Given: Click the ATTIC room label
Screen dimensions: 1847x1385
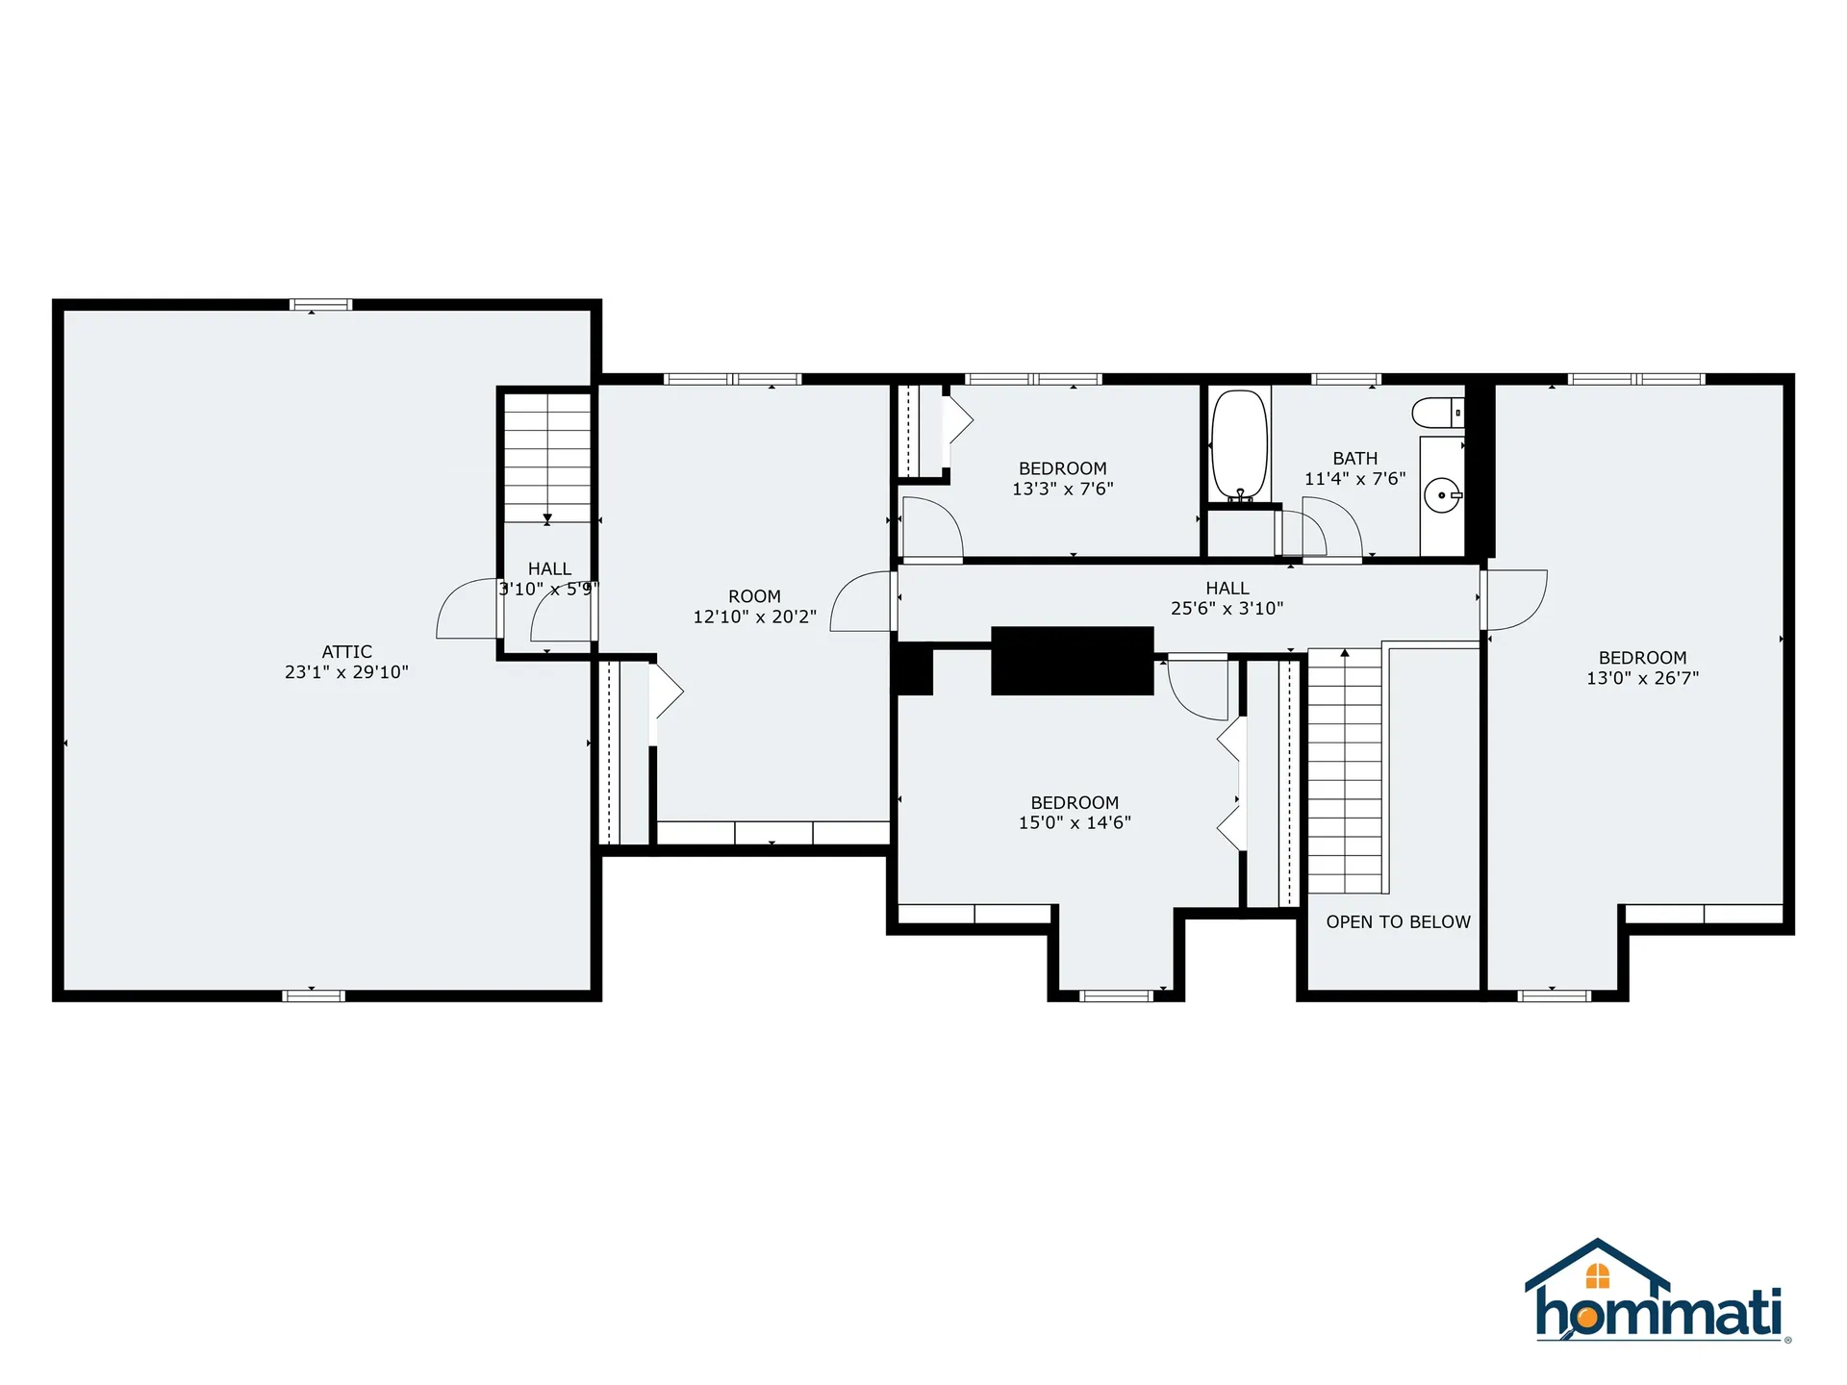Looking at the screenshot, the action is coord(346,651).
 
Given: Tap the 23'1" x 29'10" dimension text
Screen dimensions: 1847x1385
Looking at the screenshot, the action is coord(346,672).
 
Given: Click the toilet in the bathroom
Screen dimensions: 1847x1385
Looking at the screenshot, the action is coord(1438,414).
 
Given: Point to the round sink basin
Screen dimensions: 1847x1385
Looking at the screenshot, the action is coord(1441,495).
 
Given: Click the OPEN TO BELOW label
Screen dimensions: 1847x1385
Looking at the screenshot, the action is coord(1398,921).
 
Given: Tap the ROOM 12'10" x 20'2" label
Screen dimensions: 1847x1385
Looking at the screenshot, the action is coord(754,606).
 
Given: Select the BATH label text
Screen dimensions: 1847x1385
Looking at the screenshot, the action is coord(1354,459).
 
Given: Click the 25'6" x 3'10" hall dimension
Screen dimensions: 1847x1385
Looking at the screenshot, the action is coord(1227,608).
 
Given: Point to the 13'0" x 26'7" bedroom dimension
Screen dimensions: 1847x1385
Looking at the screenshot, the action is coord(1642,678).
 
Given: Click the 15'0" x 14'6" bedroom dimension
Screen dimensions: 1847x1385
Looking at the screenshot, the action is coord(1075,822).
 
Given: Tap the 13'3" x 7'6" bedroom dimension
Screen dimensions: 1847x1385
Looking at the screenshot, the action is coord(1062,489).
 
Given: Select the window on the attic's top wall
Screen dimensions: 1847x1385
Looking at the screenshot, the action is coord(321,305).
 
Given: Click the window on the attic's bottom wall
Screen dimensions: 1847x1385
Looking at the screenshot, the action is coord(314,995).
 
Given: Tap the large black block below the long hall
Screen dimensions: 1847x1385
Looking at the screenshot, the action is coord(1072,661).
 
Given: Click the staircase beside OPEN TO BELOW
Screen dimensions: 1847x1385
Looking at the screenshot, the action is coord(1345,771).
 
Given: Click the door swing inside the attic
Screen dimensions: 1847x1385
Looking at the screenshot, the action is coord(467,608).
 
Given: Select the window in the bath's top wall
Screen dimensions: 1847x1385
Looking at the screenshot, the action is coord(1346,379).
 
